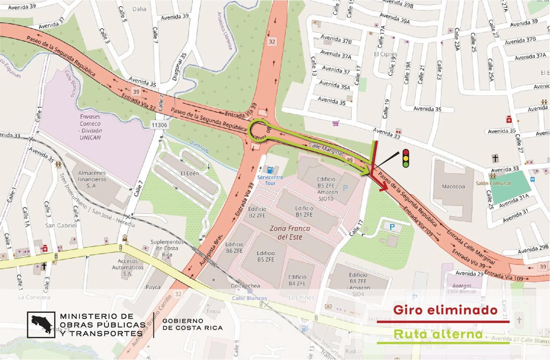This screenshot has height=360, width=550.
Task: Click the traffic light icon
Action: (405, 158)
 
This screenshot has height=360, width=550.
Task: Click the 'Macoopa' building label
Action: (453, 186)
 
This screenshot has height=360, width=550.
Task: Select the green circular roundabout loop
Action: (260, 131)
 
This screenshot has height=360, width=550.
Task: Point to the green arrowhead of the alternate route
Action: (366, 172)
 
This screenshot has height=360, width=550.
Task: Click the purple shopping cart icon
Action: (335, 123)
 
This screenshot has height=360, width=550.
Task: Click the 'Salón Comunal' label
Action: (493, 183)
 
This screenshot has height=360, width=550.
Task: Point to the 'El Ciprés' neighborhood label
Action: (385, 54)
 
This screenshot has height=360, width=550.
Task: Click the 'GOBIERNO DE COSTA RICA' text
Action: (192, 324)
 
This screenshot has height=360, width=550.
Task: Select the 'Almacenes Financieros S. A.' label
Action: (92, 179)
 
